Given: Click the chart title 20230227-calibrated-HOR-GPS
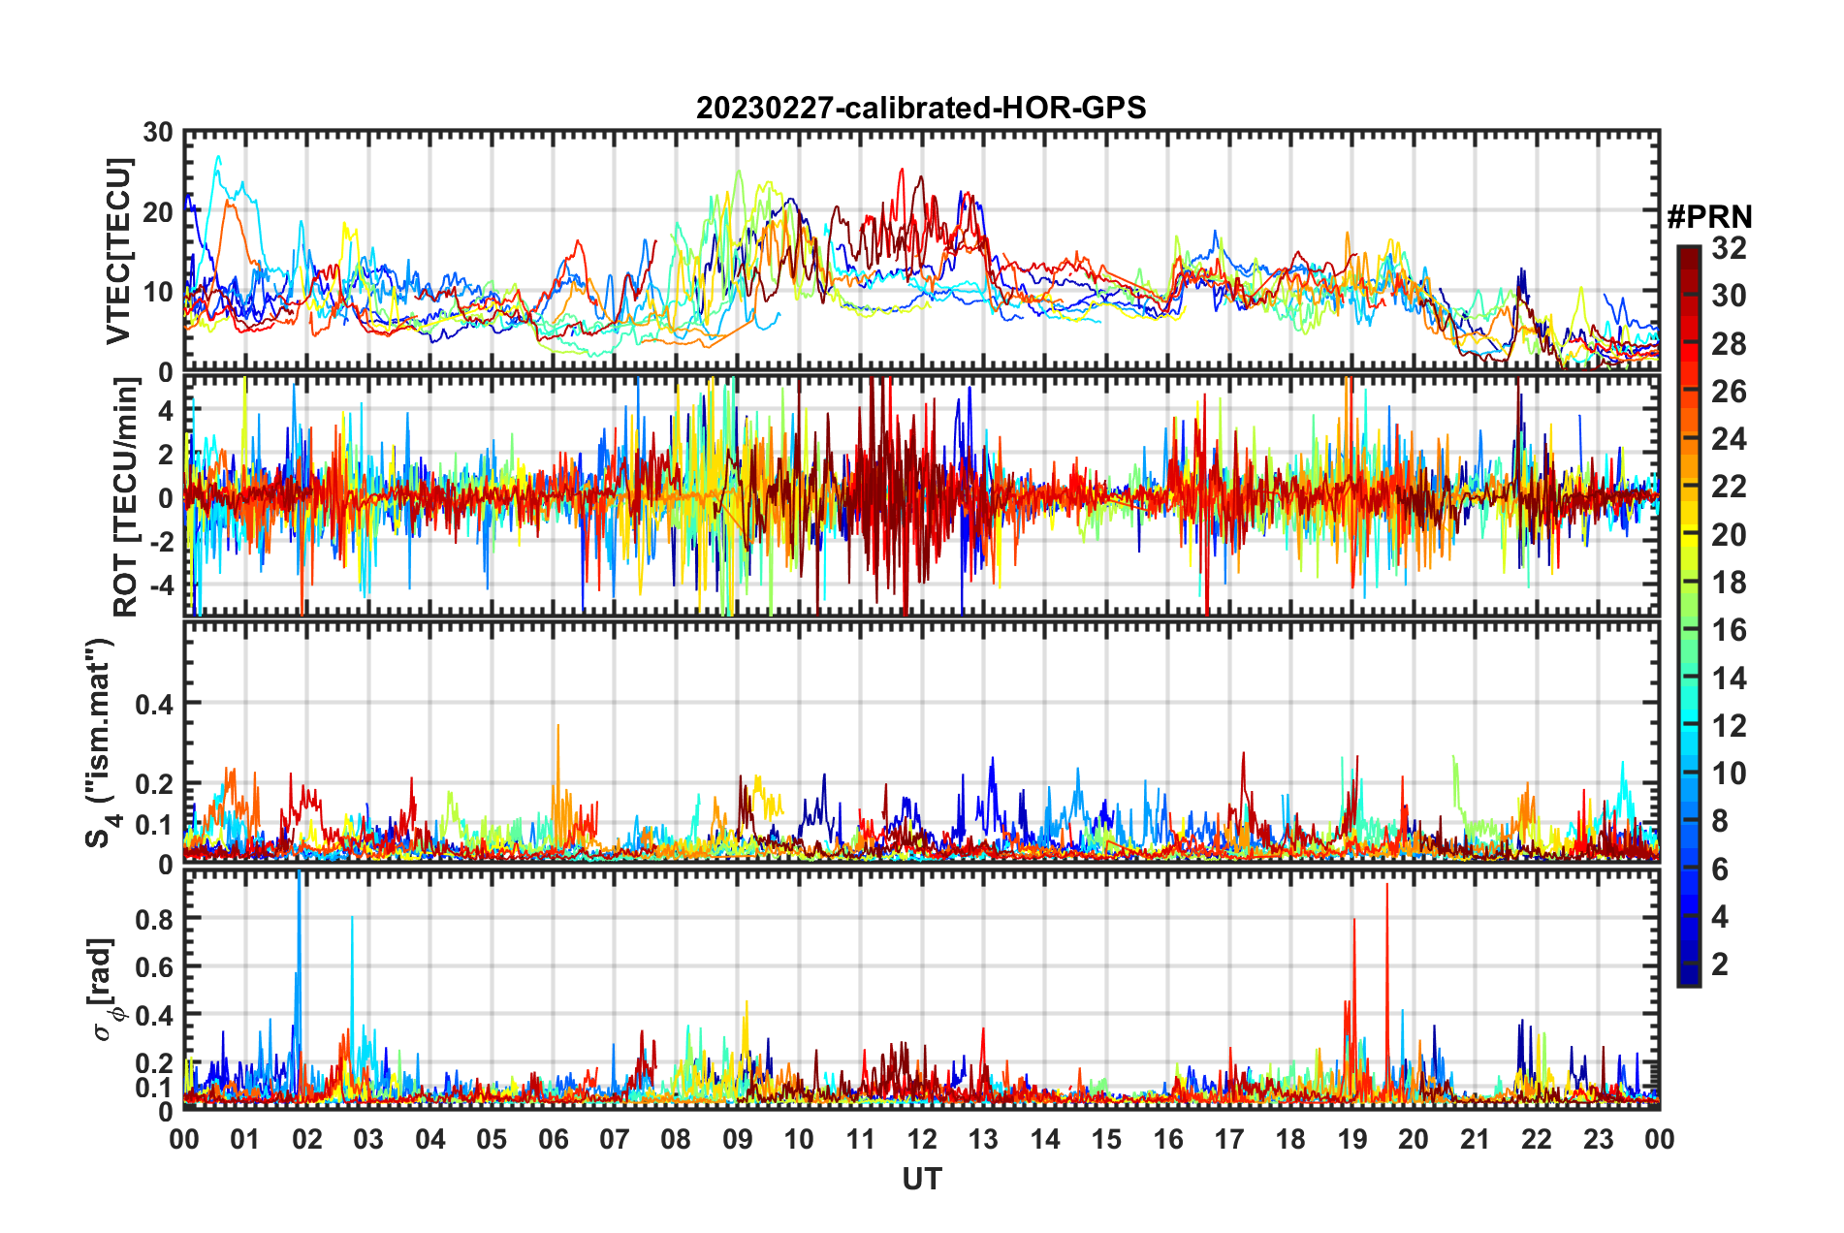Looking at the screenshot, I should pyautogui.click(x=921, y=108).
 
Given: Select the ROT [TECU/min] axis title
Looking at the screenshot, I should pyautogui.click(x=125, y=497).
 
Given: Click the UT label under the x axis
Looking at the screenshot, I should pyautogui.click(x=921, y=1179).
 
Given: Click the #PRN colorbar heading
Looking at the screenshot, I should pyautogui.click(x=1709, y=217).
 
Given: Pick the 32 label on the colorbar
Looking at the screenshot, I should pyautogui.click(x=1729, y=248).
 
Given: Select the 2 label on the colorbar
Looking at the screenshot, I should pyautogui.click(x=1720, y=964).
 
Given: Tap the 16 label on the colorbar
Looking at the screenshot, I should pyautogui.click(x=1729, y=630).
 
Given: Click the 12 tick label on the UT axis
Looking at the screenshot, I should pyautogui.click(x=922, y=1139).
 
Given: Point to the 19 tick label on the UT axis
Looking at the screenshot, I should pyautogui.click(x=1352, y=1139).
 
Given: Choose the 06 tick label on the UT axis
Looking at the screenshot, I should pyautogui.click(x=554, y=1139).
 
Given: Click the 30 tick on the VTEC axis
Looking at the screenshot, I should pyautogui.click(x=158, y=133).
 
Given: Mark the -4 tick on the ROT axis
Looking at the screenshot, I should pyautogui.click(x=161, y=585).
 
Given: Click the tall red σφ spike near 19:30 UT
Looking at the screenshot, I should pyautogui.click(x=1386, y=886).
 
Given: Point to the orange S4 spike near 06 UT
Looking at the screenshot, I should pyautogui.click(x=557, y=727).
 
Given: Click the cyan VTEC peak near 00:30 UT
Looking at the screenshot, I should pyautogui.click(x=218, y=157).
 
